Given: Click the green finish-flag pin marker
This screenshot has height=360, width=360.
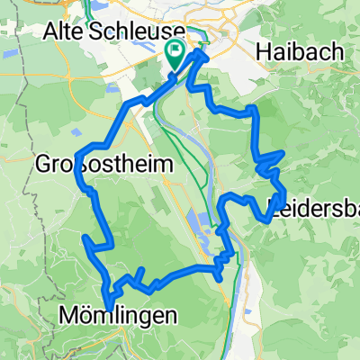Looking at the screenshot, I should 175,53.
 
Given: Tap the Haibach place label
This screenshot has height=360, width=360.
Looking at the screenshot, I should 300,52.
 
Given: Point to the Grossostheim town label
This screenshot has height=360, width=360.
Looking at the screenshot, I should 93,165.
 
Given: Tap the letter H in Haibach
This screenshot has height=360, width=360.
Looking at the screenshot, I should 264,52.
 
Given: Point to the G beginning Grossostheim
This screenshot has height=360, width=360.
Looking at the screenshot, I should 45,165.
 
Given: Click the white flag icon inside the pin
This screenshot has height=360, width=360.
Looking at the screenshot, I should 175,49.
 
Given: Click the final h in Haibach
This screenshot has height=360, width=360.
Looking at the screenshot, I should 337,52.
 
